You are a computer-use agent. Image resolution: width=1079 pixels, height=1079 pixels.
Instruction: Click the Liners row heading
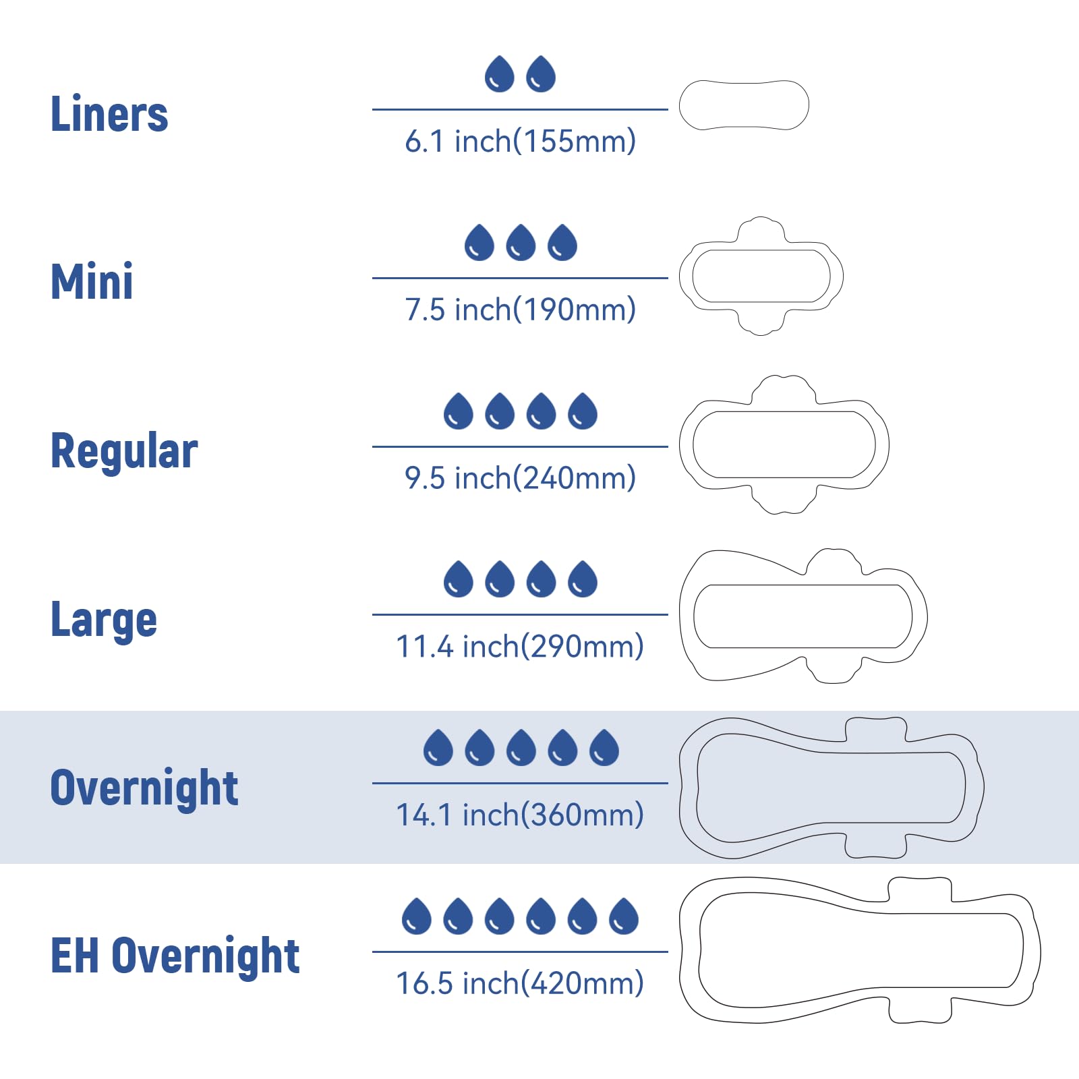coord(109,113)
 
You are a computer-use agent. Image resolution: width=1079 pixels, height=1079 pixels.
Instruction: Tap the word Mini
coord(92,281)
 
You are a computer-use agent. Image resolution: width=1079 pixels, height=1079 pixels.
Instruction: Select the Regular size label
coord(124,451)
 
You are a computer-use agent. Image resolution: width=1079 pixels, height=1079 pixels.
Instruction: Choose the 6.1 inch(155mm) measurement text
coord(520,141)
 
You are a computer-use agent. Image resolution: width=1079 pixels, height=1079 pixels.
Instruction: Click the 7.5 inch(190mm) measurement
coord(520,310)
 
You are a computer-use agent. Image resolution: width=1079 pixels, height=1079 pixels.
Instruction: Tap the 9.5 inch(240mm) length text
coord(520,478)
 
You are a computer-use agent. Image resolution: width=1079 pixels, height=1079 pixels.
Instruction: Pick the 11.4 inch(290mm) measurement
coord(520,647)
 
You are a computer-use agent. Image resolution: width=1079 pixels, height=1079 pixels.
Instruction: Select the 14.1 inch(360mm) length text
coord(520,815)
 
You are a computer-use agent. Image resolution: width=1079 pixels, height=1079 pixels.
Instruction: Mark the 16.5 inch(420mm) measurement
coord(520,984)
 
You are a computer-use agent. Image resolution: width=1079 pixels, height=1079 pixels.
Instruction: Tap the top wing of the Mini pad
coord(761,230)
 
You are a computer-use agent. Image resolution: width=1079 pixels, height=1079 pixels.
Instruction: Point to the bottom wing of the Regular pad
coord(784,499)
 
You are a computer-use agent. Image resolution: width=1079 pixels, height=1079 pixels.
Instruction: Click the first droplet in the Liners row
coord(500,74)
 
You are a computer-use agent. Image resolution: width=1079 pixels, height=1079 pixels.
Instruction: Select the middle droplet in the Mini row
coord(521,242)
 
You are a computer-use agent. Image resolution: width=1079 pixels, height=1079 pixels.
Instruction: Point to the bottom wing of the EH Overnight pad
coord(920,1010)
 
